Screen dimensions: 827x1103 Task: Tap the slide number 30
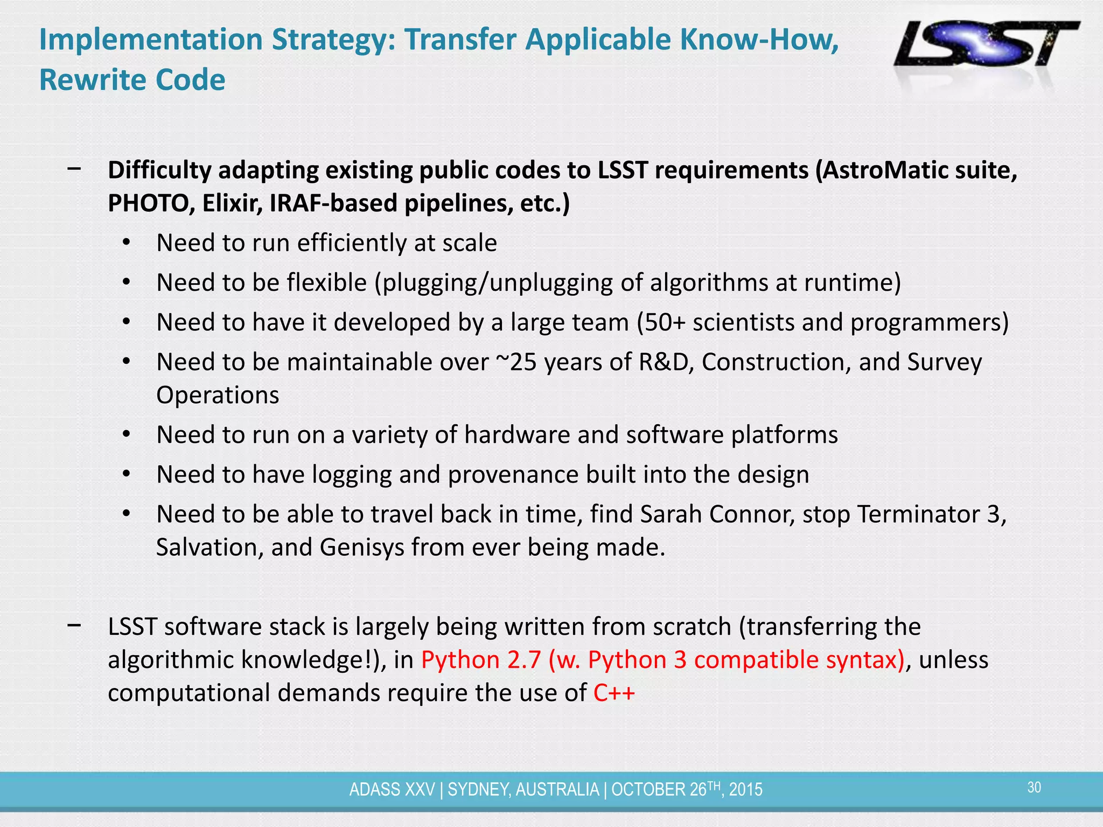(1034, 788)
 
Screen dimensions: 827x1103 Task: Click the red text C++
(614, 693)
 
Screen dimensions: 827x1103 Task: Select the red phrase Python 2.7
(481, 660)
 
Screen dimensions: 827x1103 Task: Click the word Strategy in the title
(333, 39)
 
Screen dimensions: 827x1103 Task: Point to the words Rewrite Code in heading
(132, 80)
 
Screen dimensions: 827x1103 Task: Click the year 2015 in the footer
(746, 789)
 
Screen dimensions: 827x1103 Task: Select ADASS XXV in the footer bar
(392, 789)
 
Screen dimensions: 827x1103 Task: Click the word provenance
(513, 475)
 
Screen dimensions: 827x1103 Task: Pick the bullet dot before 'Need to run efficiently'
(126, 243)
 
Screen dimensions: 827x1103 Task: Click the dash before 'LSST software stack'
(74, 626)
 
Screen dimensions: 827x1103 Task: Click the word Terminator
(918, 514)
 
